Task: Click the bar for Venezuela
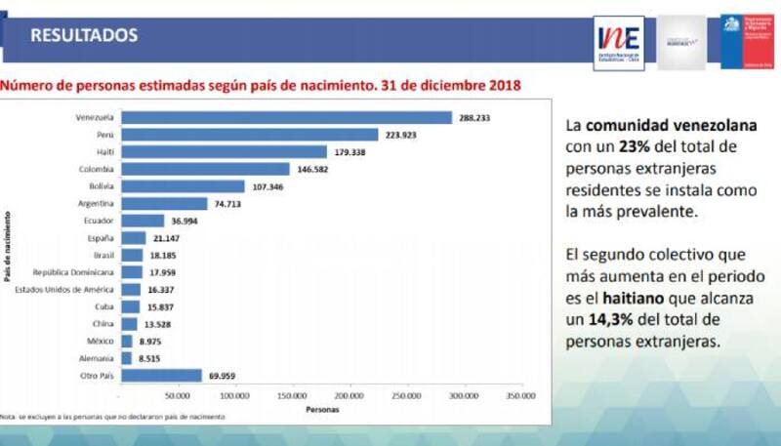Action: tap(285, 117)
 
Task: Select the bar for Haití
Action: tap(223, 151)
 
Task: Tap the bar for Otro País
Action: tap(160, 375)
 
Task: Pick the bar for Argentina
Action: tap(163, 203)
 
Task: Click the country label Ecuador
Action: tap(100, 221)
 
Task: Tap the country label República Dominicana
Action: tap(73, 272)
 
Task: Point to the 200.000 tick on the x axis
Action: tap(349, 396)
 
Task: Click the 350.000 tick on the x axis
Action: tap(520, 396)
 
